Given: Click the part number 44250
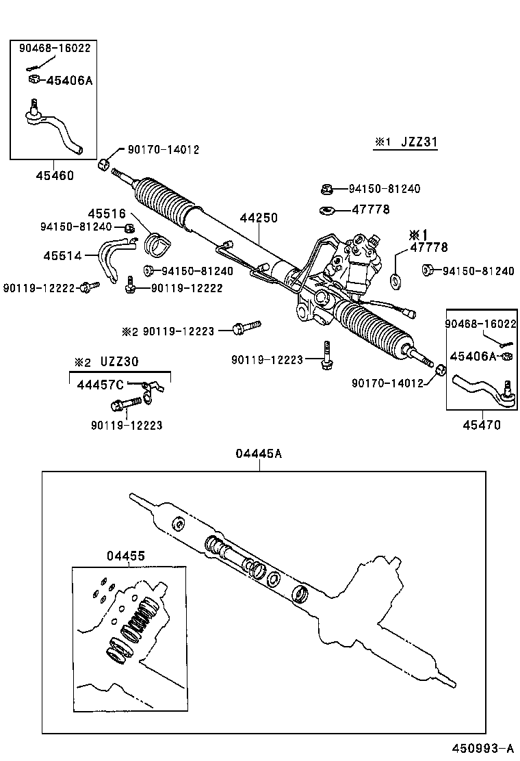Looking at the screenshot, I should pos(259,218).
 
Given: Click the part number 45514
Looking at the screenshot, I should pos(62,255).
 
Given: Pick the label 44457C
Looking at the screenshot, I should pos(100,385).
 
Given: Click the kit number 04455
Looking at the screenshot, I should pos(125,556).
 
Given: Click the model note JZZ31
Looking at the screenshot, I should pos(418,142).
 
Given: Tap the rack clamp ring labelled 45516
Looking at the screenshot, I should pos(158,243).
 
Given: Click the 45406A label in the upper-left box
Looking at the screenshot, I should pos(68,81).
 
